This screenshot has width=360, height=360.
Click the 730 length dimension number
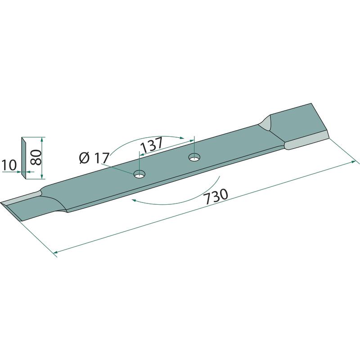click(x=216, y=197)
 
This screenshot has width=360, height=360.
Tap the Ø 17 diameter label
click(x=94, y=158)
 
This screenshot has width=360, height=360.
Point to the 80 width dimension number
click(x=36, y=157)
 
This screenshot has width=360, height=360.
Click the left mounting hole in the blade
click(x=139, y=174)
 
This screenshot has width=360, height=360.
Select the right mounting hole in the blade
click(x=194, y=157)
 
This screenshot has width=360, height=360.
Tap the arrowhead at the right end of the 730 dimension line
click(x=354, y=162)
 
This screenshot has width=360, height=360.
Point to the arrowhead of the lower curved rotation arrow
click(x=133, y=200)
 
